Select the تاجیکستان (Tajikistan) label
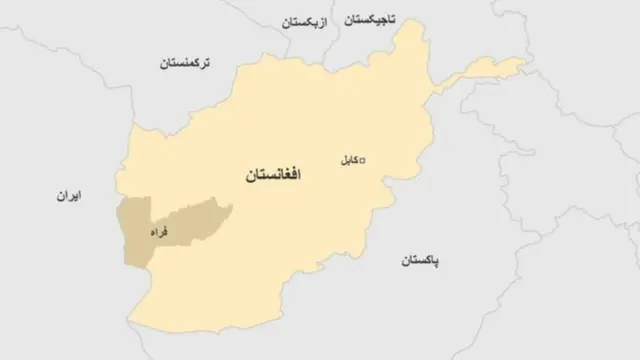pyautogui.click(x=370, y=19)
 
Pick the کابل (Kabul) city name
pyautogui.click(x=347, y=159)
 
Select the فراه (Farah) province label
pyautogui.click(x=158, y=232)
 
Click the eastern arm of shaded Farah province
pyautogui.click(x=205, y=214)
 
